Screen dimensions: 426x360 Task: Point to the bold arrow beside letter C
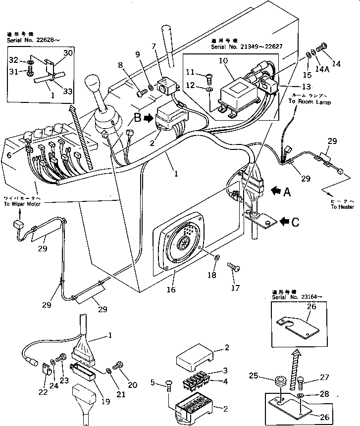(286, 221)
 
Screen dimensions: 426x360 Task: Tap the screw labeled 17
(234, 268)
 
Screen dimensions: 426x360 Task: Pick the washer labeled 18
(217, 258)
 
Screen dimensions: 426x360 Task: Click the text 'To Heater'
(343, 206)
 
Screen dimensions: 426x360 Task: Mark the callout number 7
(154, 47)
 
